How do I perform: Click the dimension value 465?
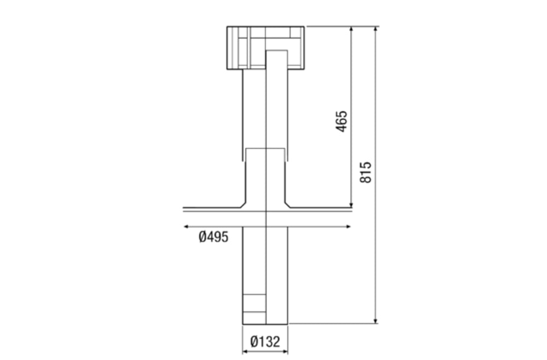tap(341, 122)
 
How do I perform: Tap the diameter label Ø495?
tap(213, 237)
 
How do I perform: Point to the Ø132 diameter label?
tap(265, 342)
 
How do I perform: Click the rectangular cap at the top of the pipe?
tap(265, 47)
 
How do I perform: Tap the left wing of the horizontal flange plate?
tap(211, 208)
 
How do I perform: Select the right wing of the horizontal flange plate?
tap(320, 208)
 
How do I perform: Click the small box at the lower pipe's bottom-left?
tap(254, 304)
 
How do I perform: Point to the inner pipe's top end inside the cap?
tap(276, 51)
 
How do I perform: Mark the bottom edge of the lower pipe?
tap(265, 323)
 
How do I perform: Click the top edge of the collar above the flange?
tap(265, 148)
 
